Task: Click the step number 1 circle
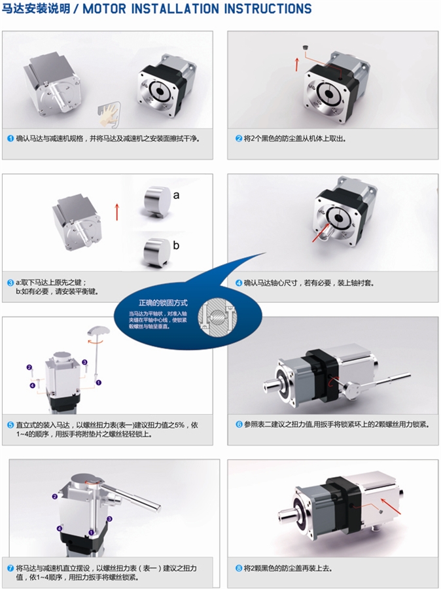click(10, 138)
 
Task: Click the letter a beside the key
click(176, 195)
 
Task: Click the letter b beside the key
click(176, 245)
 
